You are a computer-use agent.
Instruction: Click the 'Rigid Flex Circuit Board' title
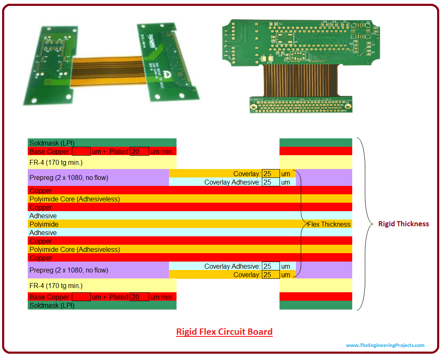click(x=224, y=332)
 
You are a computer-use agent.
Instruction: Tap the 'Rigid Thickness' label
click(x=403, y=224)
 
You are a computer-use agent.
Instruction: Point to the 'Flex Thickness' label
click(x=329, y=224)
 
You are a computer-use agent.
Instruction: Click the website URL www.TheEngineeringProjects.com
click(x=385, y=345)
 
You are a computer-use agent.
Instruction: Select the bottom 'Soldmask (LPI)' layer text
click(x=52, y=305)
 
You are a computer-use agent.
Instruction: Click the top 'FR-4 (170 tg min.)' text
click(x=56, y=162)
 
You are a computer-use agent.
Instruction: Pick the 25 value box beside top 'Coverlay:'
click(x=270, y=174)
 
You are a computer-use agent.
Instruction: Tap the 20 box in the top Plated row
click(x=139, y=151)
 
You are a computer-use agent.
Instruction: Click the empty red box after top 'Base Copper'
click(x=81, y=151)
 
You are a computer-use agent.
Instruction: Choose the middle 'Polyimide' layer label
click(x=44, y=224)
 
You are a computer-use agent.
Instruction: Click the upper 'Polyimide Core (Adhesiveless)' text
click(x=74, y=199)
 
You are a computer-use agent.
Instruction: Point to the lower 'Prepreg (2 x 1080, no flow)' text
click(x=69, y=270)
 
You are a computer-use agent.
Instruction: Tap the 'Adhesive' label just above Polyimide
click(x=43, y=216)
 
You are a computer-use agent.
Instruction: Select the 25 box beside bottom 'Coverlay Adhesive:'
click(x=270, y=266)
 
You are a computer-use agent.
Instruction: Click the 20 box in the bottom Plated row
click(x=139, y=297)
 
